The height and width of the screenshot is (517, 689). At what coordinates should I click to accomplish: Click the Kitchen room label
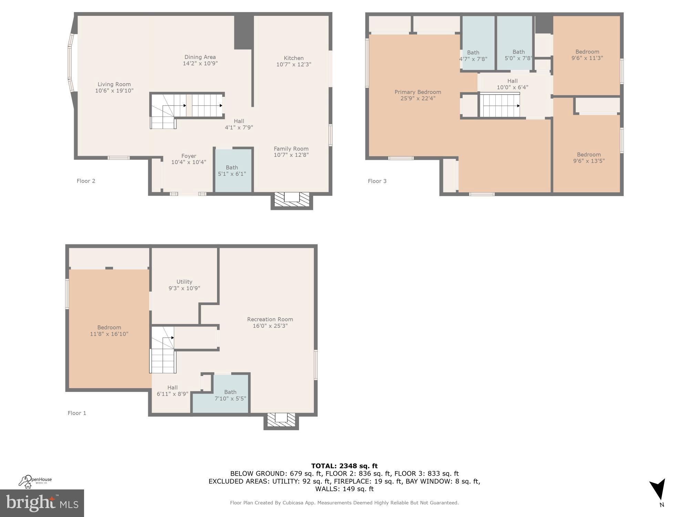pyautogui.click(x=294, y=58)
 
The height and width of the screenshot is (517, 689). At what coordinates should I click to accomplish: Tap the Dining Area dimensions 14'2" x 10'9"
pyautogui.click(x=200, y=63)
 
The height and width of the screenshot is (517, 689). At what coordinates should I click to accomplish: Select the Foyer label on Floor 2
pyautogui.click(x=188, y=156)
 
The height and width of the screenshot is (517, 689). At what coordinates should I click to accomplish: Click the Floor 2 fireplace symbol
pyautogui.click(x=292, y=200)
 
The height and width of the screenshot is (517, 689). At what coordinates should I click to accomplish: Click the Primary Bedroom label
pyautogui.click(x=418, y=92)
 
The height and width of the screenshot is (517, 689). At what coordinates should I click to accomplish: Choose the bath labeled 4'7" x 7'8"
pyautogui.click(x=473, y=55)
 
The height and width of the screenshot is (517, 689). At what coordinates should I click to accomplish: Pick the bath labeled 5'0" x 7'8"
pyautogui.click(x=518, y=55)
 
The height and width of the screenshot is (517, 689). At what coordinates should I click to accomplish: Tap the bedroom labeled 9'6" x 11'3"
pyautogui.click(x=587, y=55)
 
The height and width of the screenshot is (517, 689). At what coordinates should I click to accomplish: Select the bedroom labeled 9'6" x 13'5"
pyautogui.click(x=589, y=158)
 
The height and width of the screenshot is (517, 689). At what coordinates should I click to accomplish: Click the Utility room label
pyautogui.click(x=184, y=282)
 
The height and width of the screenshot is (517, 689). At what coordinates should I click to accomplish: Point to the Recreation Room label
pyautogui.click(x=270, y=319)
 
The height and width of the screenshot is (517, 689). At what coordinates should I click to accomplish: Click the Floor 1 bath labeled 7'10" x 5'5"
pyautogui.click(x=230, y=395)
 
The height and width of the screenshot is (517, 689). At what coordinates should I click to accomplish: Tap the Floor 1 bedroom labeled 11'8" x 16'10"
pyautogui.click(x=109, y=330)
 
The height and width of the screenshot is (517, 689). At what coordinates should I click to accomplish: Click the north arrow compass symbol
pyautogui.click(x=658, y=491)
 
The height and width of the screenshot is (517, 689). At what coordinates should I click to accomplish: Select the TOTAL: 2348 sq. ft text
pyautogui.click(x=344, y=466)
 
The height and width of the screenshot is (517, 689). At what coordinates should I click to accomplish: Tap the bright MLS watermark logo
pyautogui.click(x=42, y=503)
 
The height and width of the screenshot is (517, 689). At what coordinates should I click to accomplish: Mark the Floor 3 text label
pyautogui.click(x=377, y=181)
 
